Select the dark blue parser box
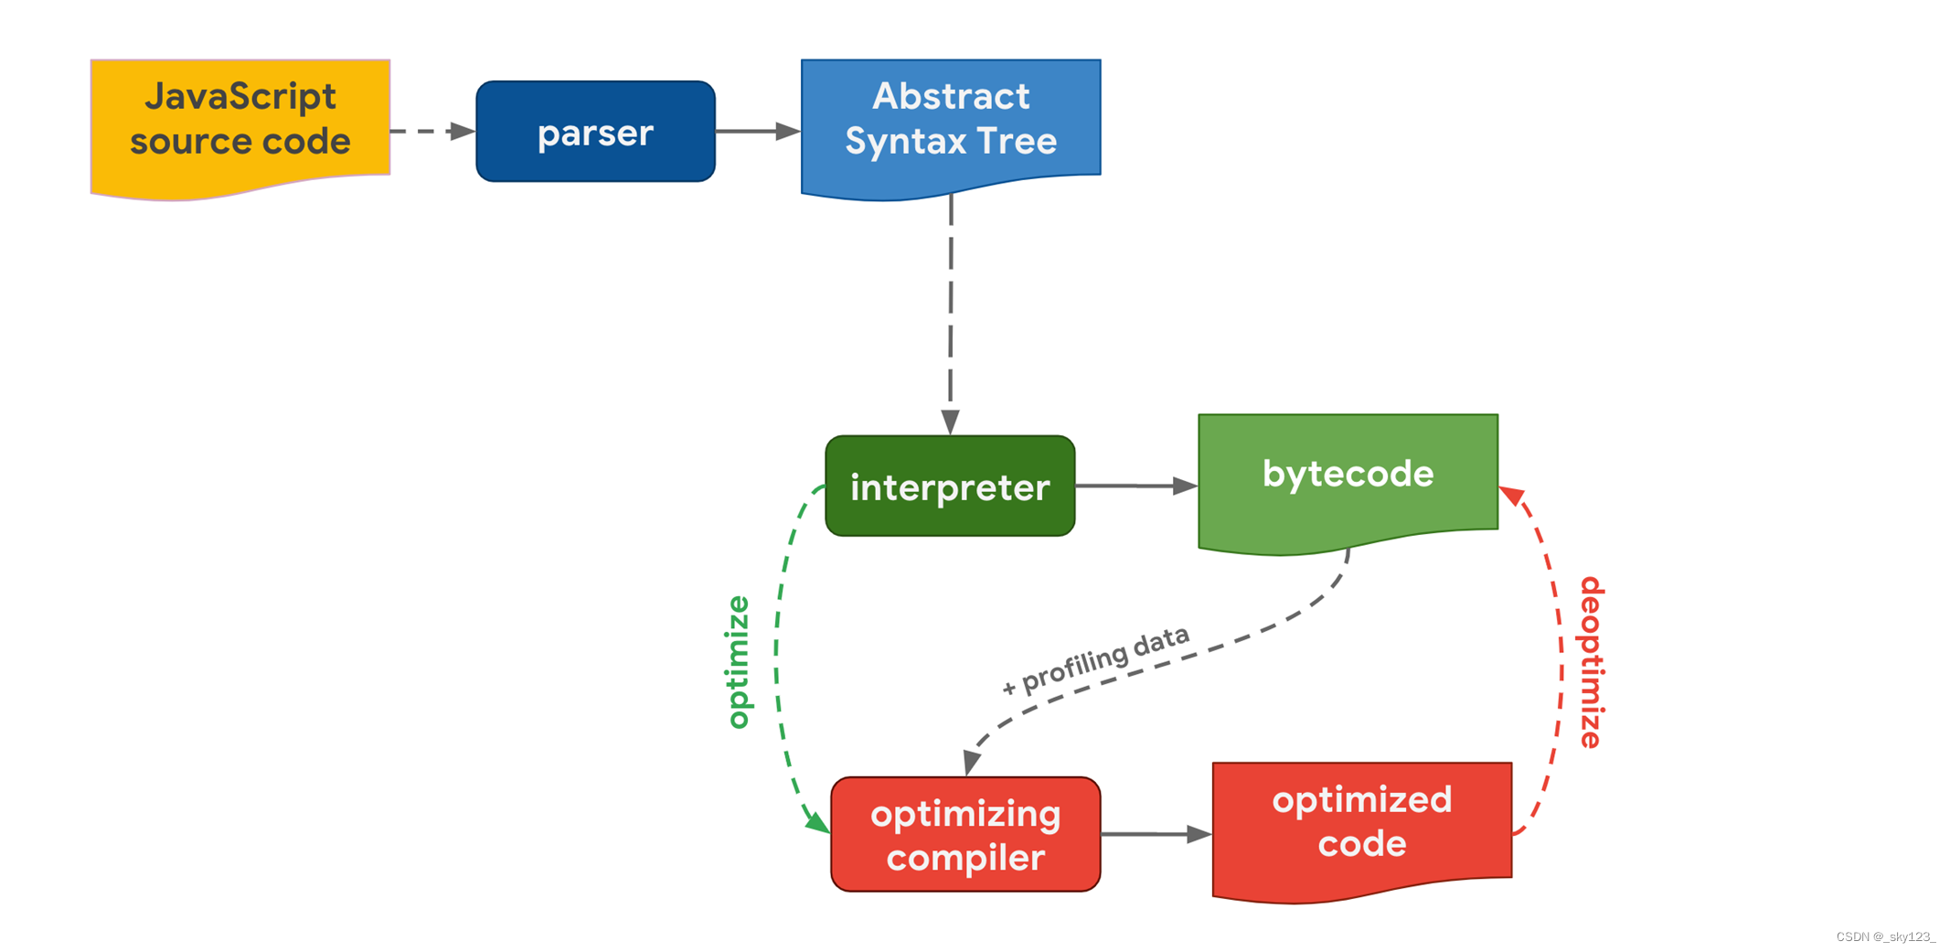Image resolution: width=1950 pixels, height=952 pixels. [595, 132]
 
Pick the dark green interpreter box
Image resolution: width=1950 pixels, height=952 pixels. [950, 486]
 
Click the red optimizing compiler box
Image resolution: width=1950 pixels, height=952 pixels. [965, 834]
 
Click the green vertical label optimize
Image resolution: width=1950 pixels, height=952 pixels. [738, 661]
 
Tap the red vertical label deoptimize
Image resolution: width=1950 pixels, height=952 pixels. [1592, 661]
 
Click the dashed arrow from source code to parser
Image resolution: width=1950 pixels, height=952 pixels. [430, 132]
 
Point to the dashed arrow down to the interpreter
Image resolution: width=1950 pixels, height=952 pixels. [951, 311]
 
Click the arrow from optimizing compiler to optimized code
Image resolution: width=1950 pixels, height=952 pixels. [1156, 834]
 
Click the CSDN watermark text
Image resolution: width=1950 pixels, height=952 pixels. [1885, 936]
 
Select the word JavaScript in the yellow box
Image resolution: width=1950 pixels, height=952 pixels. [240, 96]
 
